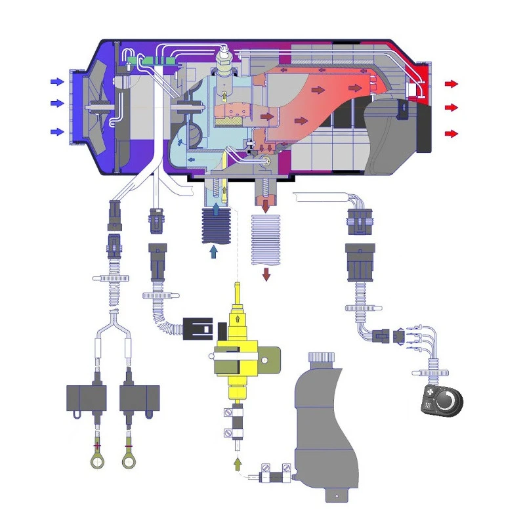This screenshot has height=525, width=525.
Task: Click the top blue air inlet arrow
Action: (58, 82)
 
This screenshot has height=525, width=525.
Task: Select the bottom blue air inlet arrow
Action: (58, 132)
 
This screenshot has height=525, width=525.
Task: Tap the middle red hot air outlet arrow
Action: (451, 107)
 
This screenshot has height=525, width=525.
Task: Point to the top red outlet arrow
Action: (451, 83)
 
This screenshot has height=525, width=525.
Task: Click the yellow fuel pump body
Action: (237, 341)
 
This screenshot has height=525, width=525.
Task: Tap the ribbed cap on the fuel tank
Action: (323, 358)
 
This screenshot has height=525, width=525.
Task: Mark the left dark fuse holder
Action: (87, 398)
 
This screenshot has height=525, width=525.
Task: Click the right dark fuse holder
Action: (139, 398)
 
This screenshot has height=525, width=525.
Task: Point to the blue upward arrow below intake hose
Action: (214, 251)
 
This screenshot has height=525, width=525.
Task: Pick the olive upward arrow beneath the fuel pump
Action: (237, 465)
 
